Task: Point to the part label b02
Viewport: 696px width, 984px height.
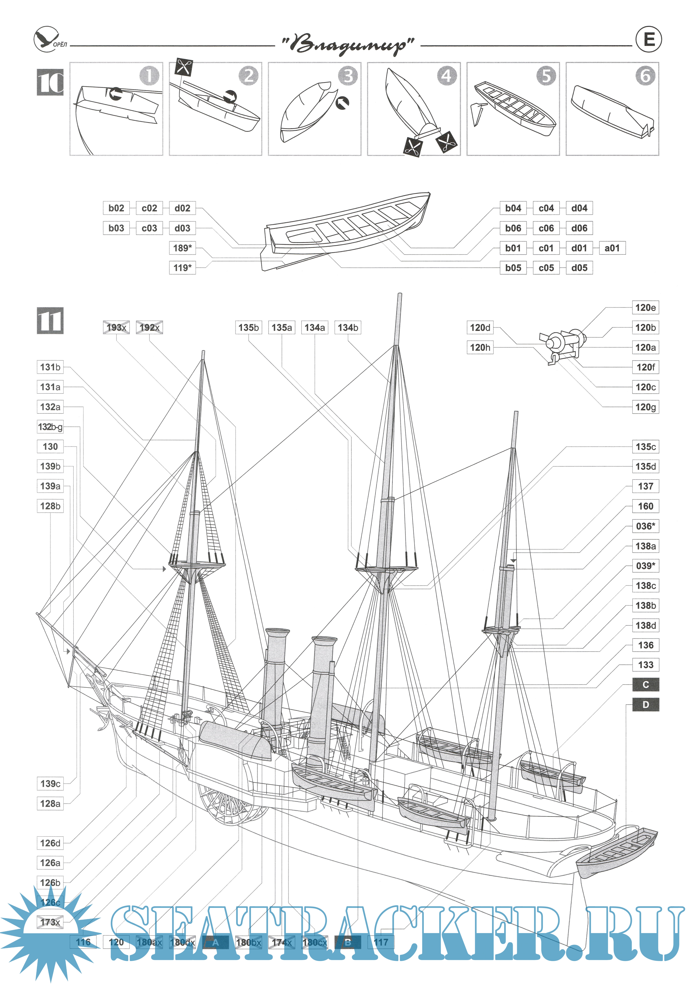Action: tap(116, 208)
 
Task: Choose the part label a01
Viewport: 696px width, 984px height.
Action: tap(612, 248)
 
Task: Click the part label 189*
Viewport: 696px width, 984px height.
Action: tap(182, 248)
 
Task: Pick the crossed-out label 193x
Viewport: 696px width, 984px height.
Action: tap(116, 327)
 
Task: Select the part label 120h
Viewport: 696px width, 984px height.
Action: tap(480, 348)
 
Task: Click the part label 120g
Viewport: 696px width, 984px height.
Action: tap(645, 407)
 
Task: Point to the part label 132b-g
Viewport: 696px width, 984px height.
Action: tap(50, 427)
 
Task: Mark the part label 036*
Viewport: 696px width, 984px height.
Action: tap(645, 526)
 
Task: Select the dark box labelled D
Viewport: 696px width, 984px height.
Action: tap(645, 705)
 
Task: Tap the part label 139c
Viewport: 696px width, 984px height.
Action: tap(50, 784)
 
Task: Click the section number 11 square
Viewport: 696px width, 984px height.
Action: tap(50, 321)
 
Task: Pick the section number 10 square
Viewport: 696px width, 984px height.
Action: tap(50, 82)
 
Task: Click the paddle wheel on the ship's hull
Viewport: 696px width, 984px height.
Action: tap(232, 808)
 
